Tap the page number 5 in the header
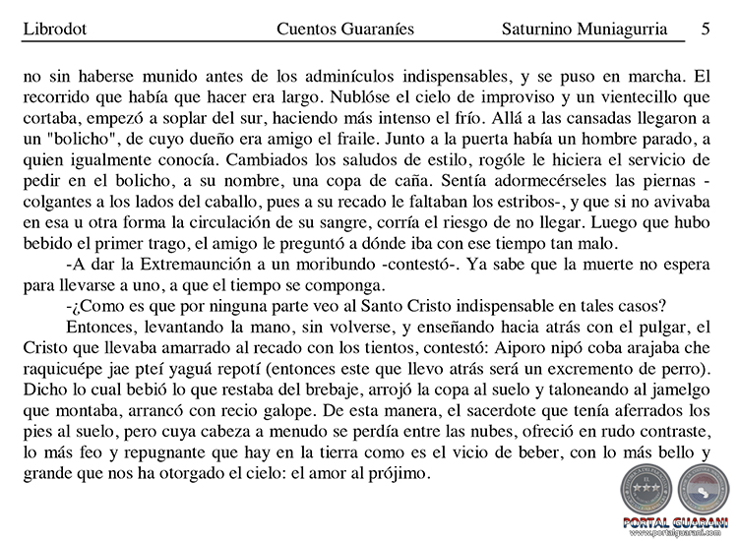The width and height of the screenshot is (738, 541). pyautogui.click(x=706, y=30)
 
